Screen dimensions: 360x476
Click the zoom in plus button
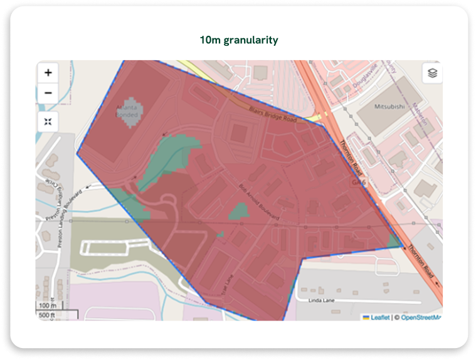(48, 73)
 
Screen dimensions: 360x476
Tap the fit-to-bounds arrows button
(48, 121)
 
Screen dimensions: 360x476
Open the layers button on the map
(431, 73)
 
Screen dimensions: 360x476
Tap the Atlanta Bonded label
(129, 111)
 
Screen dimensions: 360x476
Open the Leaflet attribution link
(379, 317)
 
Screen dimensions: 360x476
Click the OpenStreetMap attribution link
(421, 317)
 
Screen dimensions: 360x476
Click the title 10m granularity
(238, 40)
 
